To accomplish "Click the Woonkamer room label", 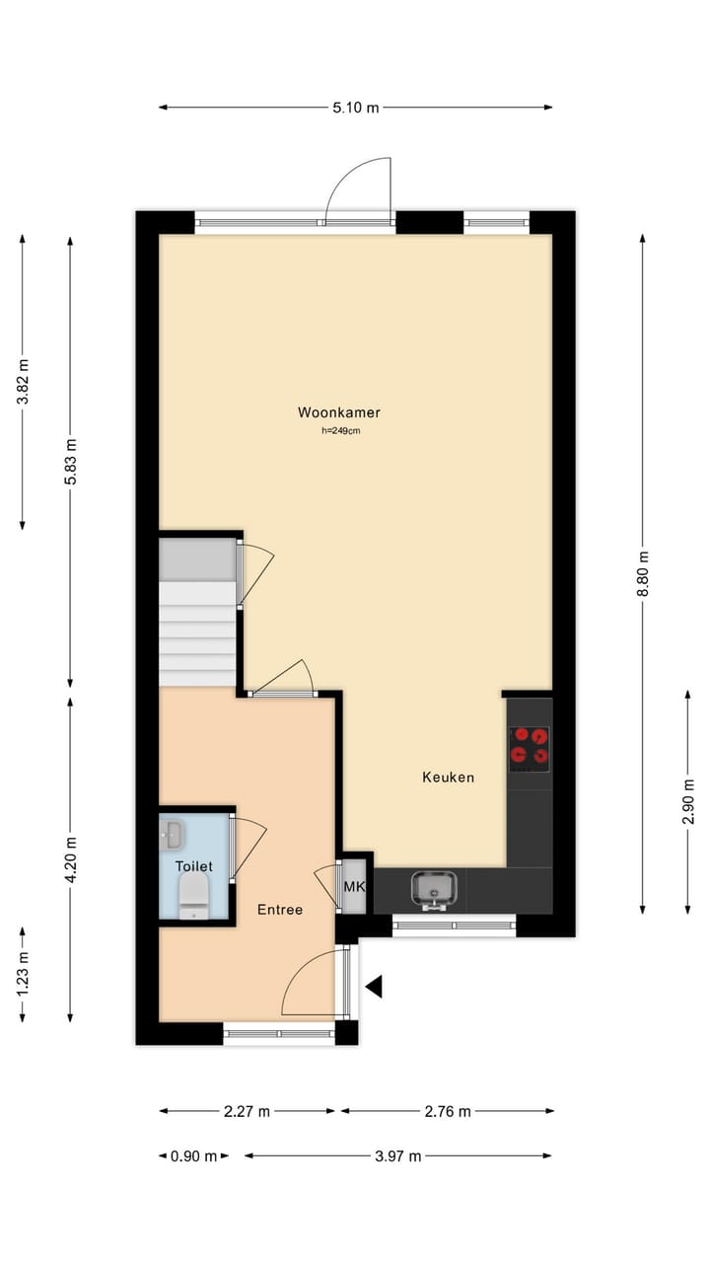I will click(x=339, y=412).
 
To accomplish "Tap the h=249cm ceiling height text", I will click(x=339, y=430).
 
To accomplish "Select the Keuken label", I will click(x=448, y=778).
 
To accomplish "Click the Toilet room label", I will click(x=193, y=866).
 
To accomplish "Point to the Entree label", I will click(x=280, y=910).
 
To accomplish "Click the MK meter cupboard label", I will click(x=353, y=887).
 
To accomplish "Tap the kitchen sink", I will click(x=434, y=888).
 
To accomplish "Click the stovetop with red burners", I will click(x=530, y=748).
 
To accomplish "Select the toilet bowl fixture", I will click(x=194, y=896).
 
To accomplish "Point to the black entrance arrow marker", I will click(x=374, y=986).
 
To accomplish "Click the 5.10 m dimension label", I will click(x=355, y=108).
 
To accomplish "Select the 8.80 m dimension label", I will click(x=643, y=573).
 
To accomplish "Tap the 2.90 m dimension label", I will click(x=688, y=802).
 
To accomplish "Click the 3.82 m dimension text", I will click(x=23, y=381).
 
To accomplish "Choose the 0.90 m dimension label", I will click(x=193, y=1156).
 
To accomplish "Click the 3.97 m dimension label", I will click(x=397, y=1156).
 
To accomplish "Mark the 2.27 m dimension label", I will click(x=247, y=1112).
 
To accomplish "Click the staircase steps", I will click(x=198, y=631).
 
